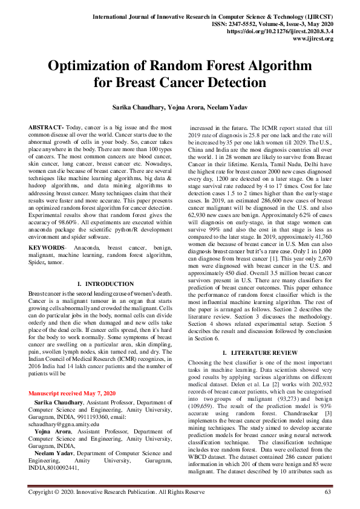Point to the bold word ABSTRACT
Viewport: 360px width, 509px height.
(x=46, y=129)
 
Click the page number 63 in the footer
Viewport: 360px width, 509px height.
(x=328, y=493)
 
